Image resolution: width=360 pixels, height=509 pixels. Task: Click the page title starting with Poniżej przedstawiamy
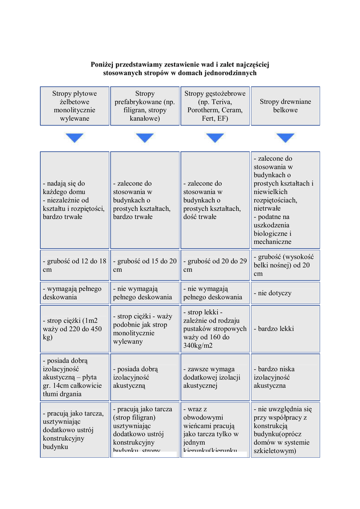coord(180,69)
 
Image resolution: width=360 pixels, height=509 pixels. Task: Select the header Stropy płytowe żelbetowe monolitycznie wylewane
coord(75,106)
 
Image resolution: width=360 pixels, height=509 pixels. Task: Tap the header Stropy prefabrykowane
coord(145,106)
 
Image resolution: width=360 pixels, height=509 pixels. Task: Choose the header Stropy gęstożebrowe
coord(215,106)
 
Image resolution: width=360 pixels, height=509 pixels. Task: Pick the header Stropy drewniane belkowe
coord(285,106)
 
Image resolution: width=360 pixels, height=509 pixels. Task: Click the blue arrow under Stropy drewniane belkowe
coord(285,138)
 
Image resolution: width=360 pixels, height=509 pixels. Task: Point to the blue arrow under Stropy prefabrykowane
coord(145,138)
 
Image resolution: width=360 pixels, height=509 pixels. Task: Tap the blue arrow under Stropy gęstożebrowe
coord(215,138)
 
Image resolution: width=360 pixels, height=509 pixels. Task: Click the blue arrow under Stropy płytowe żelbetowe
coord(75,138)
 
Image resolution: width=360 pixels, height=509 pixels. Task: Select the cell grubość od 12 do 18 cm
coord(75,265)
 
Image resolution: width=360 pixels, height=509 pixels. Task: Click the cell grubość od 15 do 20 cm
coord(145,265)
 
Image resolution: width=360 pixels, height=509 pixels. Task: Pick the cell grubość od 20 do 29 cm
coord(215,265)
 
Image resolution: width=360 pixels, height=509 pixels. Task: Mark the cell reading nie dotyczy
coord(285,293)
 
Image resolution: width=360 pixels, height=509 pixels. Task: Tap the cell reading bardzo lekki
coord(285,329)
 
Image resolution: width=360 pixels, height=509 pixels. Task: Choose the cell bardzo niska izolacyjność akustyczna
coord(285,377)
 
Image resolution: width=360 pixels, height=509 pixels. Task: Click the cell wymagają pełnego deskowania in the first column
coord(75,293)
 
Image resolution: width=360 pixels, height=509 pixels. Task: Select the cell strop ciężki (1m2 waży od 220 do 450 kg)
coord(75,329)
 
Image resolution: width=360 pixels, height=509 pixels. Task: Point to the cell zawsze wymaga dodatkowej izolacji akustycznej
coord(215,377)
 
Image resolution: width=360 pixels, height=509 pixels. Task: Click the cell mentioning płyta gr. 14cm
coord(75,377)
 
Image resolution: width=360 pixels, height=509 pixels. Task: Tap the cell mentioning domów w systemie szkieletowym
coord(285,429)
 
